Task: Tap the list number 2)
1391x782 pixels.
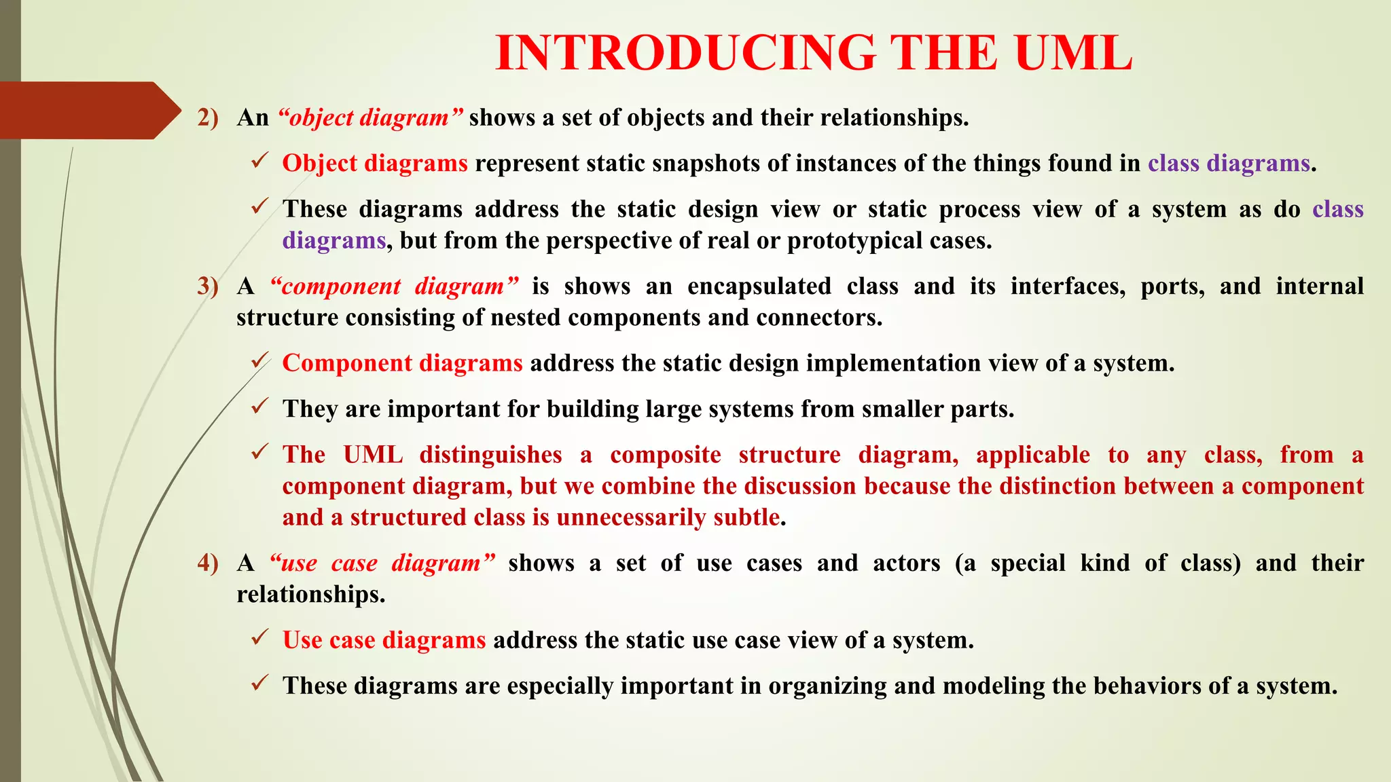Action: coord(208,118)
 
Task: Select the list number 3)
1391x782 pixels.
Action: coord(208,286)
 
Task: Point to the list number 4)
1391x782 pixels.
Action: coord(208,563)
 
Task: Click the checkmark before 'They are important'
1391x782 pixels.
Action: coord(259,407)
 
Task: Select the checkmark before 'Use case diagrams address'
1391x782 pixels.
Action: coord(259,638)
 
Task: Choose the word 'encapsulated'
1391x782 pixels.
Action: coord(759,286)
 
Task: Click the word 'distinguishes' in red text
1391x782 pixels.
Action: coord(490,455)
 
